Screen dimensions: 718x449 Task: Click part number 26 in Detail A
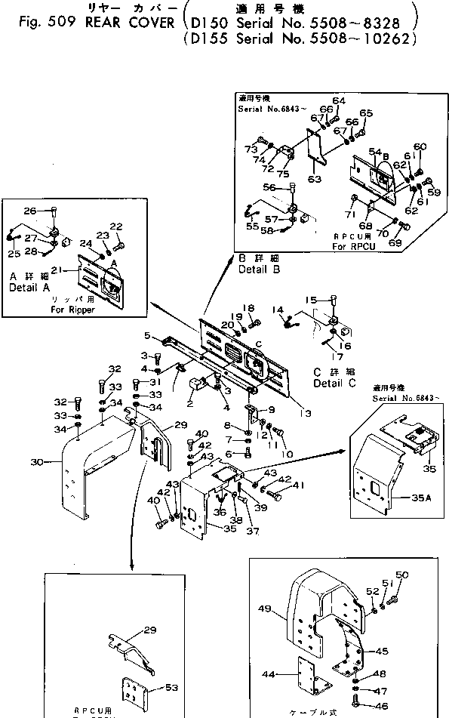[x=30, y=211]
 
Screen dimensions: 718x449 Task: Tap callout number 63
[x=315, y=179]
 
